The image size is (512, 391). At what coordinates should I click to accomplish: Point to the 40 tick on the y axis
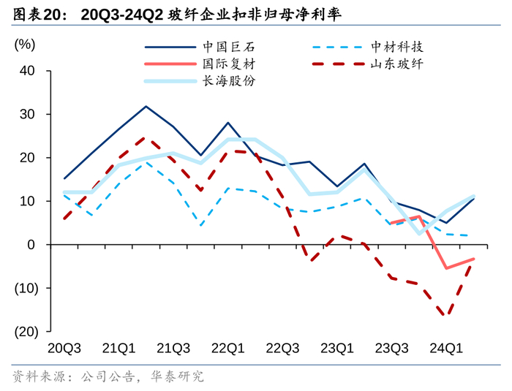28,71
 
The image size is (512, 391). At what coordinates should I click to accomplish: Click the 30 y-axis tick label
28,115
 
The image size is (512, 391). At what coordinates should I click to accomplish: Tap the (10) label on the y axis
25,288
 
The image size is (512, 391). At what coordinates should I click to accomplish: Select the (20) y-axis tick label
25,331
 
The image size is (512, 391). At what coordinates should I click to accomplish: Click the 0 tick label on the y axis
32,245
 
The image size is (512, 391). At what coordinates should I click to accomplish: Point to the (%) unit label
25,44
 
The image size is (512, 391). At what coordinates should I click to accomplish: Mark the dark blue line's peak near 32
146,107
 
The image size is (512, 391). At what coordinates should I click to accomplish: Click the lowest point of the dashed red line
445,316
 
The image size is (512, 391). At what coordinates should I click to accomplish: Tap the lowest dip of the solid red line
446,268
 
